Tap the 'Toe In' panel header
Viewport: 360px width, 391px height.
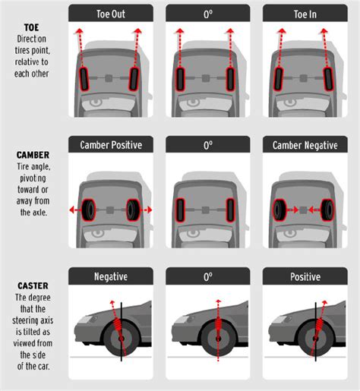(304, 13)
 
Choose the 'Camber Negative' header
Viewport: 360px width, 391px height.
(304, 144)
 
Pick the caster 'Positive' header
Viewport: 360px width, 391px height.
(304, 276)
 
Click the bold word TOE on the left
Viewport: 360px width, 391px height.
(33, 27)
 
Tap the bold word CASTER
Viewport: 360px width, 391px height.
(33, 286)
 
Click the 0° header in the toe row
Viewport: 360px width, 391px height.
(207, 13)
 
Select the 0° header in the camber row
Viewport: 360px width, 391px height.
(207, 144)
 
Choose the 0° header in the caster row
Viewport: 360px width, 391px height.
(207, 276)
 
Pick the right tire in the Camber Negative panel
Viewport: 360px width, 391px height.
(328, 209)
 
